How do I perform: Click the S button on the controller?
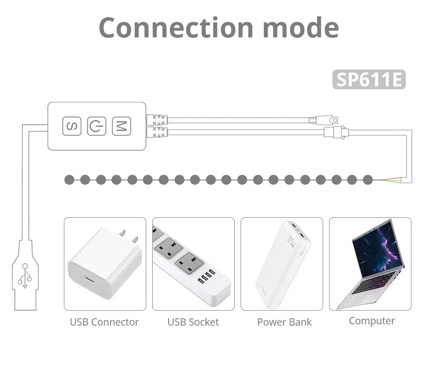[x=72, y=126]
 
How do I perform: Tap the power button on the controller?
[x=97, y=126]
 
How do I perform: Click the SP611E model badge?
[x=369, y=79]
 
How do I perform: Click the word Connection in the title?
[x=176, y=27]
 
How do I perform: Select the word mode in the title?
[x=301, y=27]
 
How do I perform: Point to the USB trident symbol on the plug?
[x=25, y=276]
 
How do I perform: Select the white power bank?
[x=283, y=264]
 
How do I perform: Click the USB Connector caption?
[x=104, y=322]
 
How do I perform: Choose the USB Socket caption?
[x=193, y=322]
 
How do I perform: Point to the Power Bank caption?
[x=284, y=322]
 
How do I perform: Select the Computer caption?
[x=372, y=321]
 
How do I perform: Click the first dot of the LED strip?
[x=69, y=180]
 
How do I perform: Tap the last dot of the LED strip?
[x=368, y=180]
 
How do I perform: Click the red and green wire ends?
[x=392, y=180]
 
